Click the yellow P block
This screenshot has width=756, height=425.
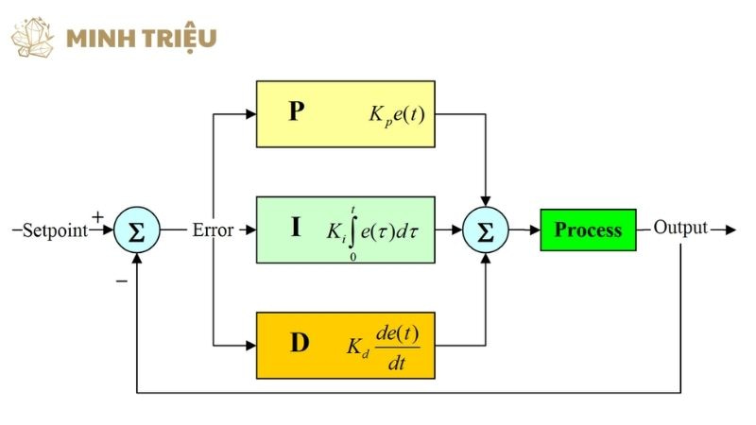(x=345, y=113)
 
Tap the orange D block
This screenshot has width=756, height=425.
(x=345, y=345)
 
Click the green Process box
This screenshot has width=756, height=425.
(x=588, y=229)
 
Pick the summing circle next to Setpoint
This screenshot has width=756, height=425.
(x=136, y=230)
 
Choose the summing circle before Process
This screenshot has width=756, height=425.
(x=486, y=230)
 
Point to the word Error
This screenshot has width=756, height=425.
(x=213, y=229)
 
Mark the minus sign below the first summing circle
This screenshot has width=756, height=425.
(x=121, y=280)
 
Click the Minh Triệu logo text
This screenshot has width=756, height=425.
(x=142, y=38)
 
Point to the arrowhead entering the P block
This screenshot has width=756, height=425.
(x=250, y=113)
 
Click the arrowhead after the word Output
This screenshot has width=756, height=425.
(x=729, y=229)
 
